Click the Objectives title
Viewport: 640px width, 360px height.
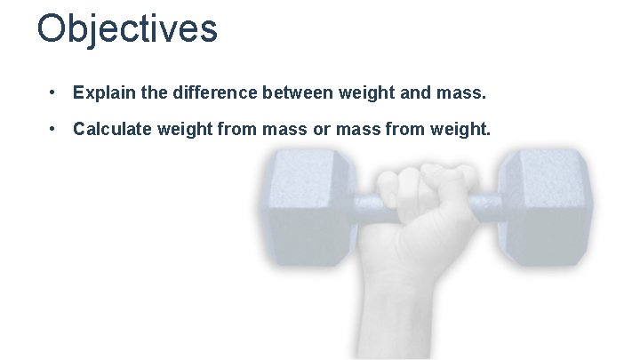coord(127,28)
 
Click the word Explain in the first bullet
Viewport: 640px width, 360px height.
coord(101,92)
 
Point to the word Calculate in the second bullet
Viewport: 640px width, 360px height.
coord(111,130)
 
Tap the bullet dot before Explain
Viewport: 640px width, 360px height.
coord(55,92)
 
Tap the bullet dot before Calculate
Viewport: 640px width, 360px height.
coord(55,130)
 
